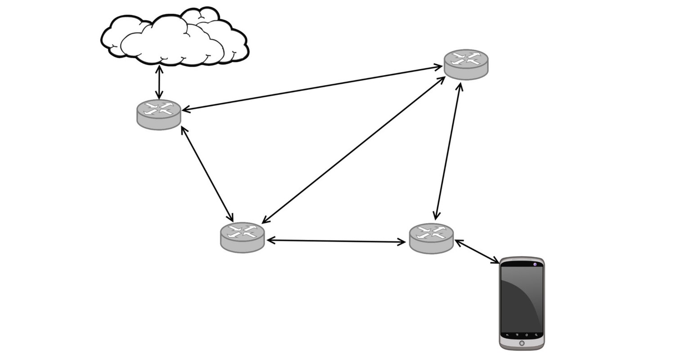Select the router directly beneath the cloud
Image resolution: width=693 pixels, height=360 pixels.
pyautogui.click(x=159, y=114)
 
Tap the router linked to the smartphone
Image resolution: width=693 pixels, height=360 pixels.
pyautogui.click(x=431, y=238)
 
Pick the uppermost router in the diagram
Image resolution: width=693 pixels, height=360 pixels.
pyautogui.click(x=466, y=64)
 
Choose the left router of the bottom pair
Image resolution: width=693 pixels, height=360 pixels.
pyautogui.click(x=243, y=237)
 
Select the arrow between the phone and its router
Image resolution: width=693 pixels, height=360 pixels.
pyautogui.click(x=477, y=252)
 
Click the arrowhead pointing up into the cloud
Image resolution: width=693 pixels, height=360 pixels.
pyautogui.click(x=159, y=68)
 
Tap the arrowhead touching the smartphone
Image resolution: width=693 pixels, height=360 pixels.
pyautogui.click(x=495, y=261)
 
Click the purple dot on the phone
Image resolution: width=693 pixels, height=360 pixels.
pyautogui.click(x=535, y=264)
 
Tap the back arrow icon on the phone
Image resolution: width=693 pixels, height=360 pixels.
pyautogui.click(x=508, y=335)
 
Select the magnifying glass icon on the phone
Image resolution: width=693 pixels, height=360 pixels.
pyautogui.click(x=536, y=335)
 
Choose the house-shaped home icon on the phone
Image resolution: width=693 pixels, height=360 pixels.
pyautogui.click(x=527, y=335)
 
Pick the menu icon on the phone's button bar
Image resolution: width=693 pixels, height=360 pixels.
pyautogui.click(x=517, y=335)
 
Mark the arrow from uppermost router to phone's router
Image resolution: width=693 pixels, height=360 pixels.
pyautogui.click(x=447, y=151)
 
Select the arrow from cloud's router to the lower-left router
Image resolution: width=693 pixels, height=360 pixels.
pyautogui.click(x=207, y=173)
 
